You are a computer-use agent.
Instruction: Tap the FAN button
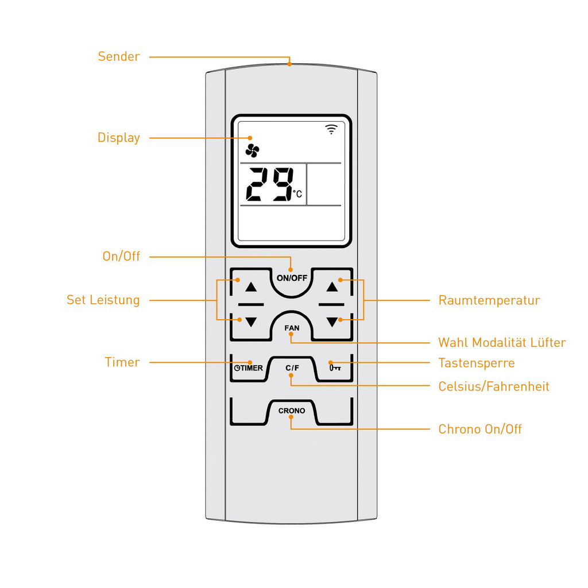point(292,326)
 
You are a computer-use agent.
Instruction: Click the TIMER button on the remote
point(248,368)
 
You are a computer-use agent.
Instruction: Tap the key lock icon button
point(335,368)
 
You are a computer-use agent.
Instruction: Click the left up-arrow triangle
point(251,287)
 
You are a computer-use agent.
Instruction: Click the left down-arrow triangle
point(251,322)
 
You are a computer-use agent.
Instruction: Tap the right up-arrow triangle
point(332,287)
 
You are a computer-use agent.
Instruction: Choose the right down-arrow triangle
point(332,322)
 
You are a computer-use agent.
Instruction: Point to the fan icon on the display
point(253,151)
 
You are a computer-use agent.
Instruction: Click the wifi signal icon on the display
point(331,129)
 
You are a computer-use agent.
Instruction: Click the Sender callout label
point(119,56)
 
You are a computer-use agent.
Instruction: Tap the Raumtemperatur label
point(489,300)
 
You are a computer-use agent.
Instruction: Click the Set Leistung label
point(103,300)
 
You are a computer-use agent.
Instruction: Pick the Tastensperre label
point(476,363)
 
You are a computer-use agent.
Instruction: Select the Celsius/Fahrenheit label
point(493,386)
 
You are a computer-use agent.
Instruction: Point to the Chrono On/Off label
point(479,429)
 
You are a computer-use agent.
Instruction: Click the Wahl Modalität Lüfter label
point(502,342)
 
